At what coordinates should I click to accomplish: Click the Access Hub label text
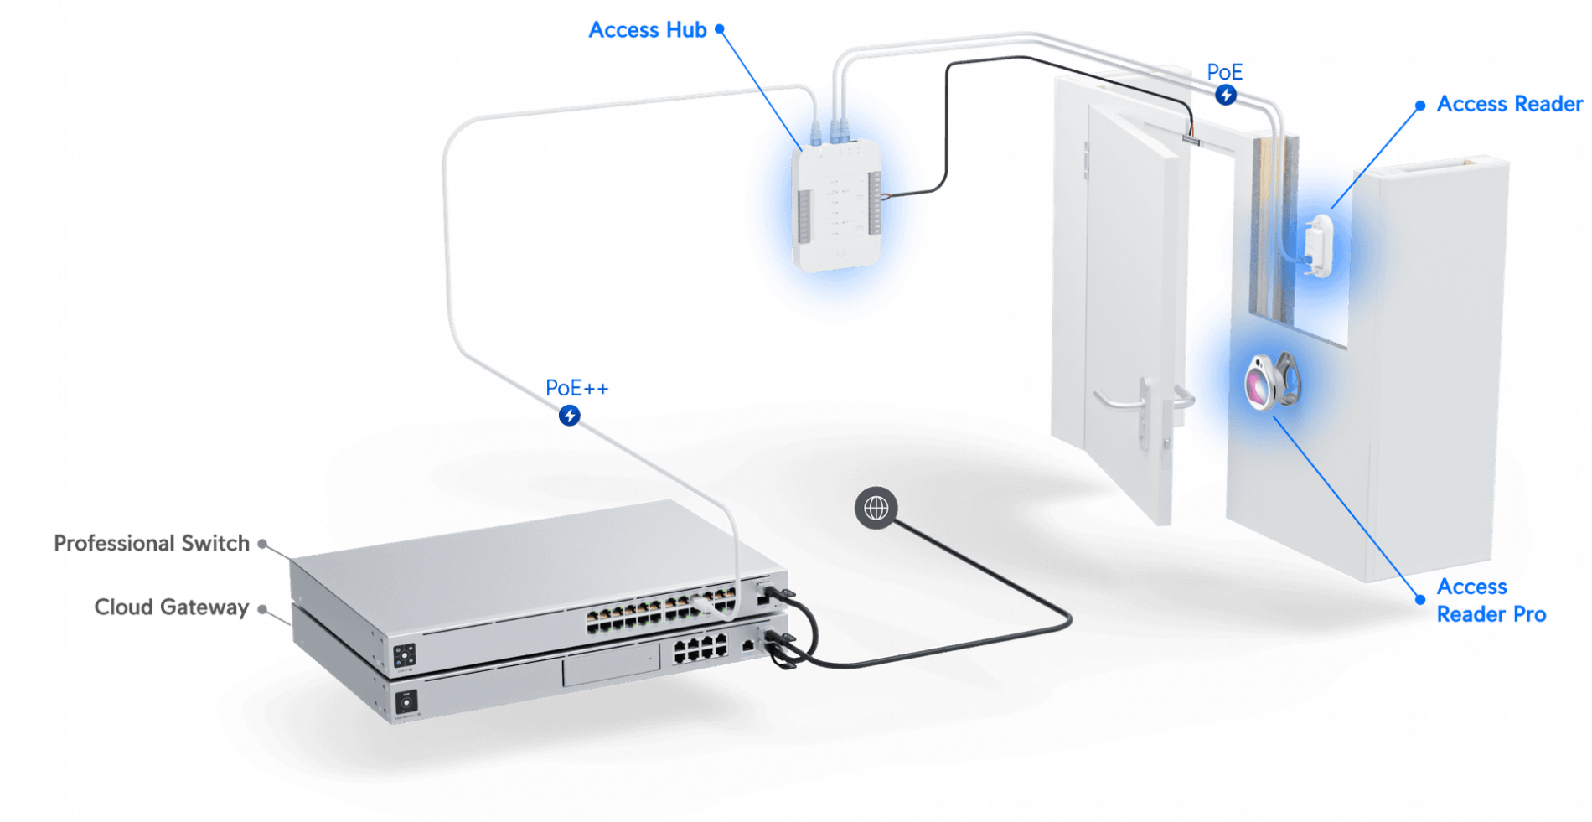pos(647,29)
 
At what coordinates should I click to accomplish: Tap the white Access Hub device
pos(835,205)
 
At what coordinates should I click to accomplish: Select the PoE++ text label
pos(577,387)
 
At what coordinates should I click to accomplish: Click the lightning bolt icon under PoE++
pos(570,415)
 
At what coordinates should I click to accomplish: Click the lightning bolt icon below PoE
pos(1226,95)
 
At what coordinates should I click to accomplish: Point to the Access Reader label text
pos(1509,103)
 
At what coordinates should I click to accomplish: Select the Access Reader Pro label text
pos(1491,600)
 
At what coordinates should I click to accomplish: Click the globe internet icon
pos(876,508)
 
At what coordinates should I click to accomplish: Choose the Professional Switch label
pos(148,543)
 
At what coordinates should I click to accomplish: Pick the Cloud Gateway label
pos(171,607)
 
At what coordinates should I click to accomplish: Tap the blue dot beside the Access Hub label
pos(720,29)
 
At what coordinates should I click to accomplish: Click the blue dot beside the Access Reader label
pos(1419,105)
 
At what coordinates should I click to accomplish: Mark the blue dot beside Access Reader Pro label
pos(1420,599)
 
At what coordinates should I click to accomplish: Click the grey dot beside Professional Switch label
pos(262,544)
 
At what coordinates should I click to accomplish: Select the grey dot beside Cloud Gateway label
pos(262,608)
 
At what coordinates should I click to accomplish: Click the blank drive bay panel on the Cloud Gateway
pos(612,668)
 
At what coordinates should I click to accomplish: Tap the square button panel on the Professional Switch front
pos(405,654)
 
